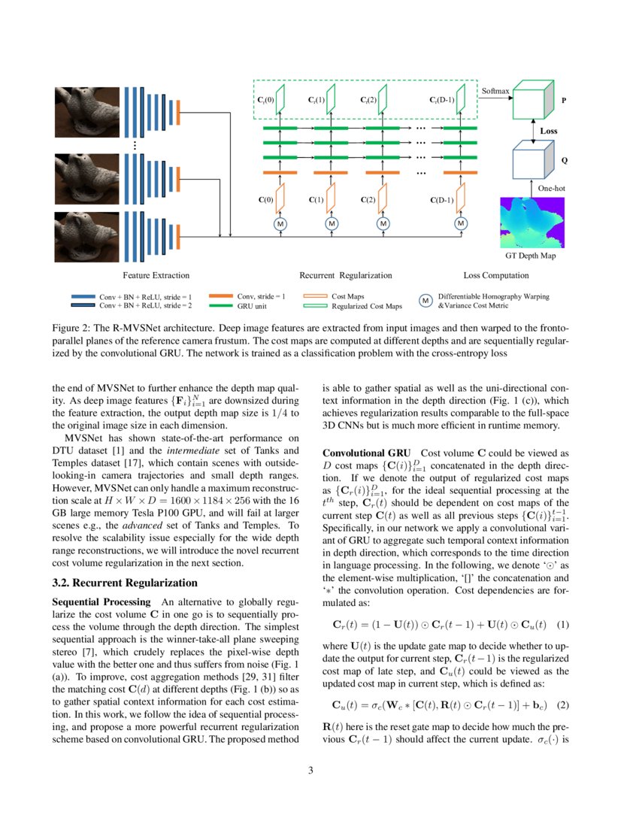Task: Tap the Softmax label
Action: (495, 91)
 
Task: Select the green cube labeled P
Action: (533, 101)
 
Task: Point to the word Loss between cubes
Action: (549, 130)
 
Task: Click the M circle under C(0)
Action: (280, 223)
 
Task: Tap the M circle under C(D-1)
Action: (460, 223)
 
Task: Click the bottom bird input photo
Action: (82, 237)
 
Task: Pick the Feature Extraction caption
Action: (156, 275)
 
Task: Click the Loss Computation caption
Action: (496, 275)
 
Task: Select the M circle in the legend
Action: (425, 301)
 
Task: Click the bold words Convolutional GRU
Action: (366, 453)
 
